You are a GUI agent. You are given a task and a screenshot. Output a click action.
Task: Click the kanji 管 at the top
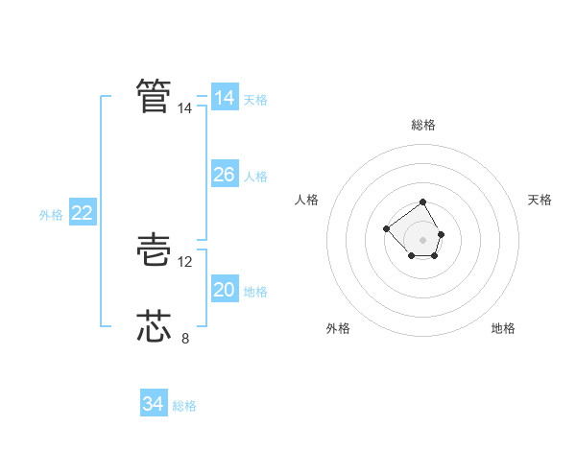(x=154, y=96)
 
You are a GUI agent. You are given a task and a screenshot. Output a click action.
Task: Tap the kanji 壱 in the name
(x=154, y=250)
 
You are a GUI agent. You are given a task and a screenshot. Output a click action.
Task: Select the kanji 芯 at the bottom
(x=154, y=326)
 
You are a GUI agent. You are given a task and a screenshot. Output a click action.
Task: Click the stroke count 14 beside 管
(x=185, y=109)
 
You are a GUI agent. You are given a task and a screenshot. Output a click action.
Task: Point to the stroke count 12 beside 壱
(x=185, y=262)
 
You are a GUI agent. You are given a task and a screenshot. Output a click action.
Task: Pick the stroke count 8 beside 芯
(x=185, y=338)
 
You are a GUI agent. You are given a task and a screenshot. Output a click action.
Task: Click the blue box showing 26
(x=224, y=175)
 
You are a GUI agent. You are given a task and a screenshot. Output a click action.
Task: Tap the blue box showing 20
(x=224, y=290)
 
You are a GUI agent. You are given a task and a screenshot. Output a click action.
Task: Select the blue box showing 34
(x=153, y=404)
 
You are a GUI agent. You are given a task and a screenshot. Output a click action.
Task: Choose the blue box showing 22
(x=82, y=213)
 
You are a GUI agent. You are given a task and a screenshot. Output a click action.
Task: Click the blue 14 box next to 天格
(x=224, y=98)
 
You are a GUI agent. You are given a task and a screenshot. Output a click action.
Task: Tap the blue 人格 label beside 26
(x=255, y=177)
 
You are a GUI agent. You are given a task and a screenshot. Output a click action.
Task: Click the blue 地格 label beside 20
(x=255, y=292)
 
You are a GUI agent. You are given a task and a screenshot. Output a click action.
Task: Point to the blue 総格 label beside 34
(x=184, y=406)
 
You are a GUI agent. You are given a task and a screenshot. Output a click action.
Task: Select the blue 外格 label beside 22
(x=51, y=215)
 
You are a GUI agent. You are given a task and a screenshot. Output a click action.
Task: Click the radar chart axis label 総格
(x=423, y=125)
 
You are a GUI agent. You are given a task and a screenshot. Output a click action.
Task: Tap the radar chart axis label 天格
(x=540, y=200)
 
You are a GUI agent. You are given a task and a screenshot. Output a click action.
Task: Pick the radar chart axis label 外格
(x=338, y=328)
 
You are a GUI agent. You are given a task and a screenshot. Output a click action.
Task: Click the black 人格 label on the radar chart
(x=307, y=200)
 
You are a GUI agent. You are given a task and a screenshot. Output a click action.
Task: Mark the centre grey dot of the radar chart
(x=423, y=239)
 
